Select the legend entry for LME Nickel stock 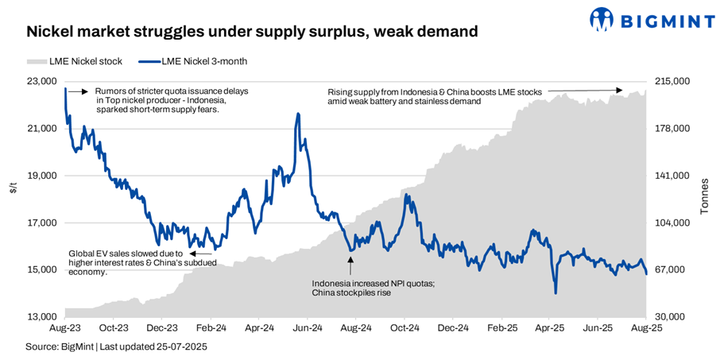click(x=68, y=61)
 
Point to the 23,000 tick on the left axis click(x=41, y=82)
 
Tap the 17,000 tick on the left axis click(x=41, y=223)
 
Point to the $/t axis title click(x=12, y=188)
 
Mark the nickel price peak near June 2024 click(x=298, y=114)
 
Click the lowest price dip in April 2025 click(x=555, y=292)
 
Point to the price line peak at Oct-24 click(x=406, y=195)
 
